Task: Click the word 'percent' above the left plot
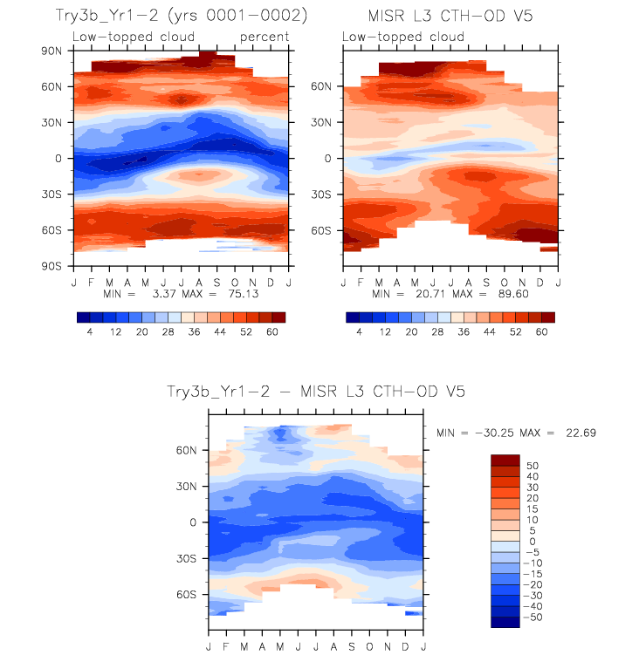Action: [x=264, y=37]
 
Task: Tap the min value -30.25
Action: [x=489, y=433]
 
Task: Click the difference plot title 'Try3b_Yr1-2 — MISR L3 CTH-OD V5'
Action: [x=315, y=392]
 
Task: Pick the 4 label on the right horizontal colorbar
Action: [x=359, y=332]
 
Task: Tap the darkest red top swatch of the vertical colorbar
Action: [x=505, y=460]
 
